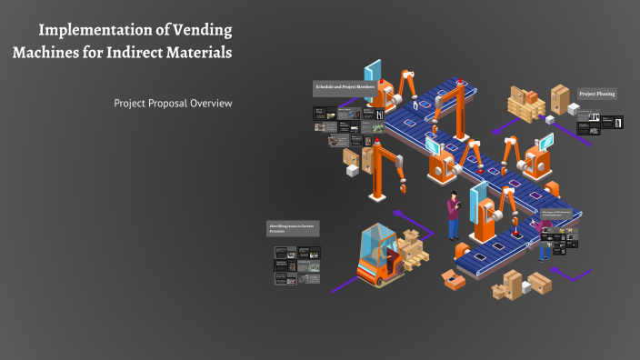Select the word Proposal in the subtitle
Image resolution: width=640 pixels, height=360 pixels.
(170, 104)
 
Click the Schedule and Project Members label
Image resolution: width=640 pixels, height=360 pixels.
(345, 86)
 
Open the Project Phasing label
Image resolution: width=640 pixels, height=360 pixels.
(597, 94)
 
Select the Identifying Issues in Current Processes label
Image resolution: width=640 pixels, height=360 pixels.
(292, 228)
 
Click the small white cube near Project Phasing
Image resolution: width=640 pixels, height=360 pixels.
(574, 109)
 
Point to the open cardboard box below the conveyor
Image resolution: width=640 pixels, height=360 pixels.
(452, 278)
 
